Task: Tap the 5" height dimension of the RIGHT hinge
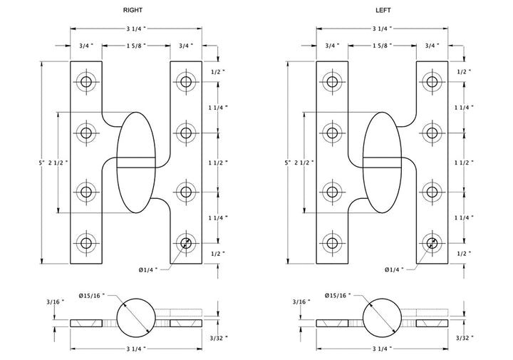tap(43, 163)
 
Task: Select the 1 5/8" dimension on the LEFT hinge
tap(382, 46)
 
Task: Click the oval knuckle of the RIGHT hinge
tap(135, 163)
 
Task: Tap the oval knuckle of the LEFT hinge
tap(382, 163)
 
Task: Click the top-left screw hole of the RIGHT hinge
tap(86, 81)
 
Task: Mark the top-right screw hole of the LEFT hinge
tap(432, 81)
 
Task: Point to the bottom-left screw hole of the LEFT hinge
tap(333, 244)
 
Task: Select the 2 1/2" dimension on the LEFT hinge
tap(309, 163)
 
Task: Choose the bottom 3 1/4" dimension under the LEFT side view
tap(382, 349)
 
